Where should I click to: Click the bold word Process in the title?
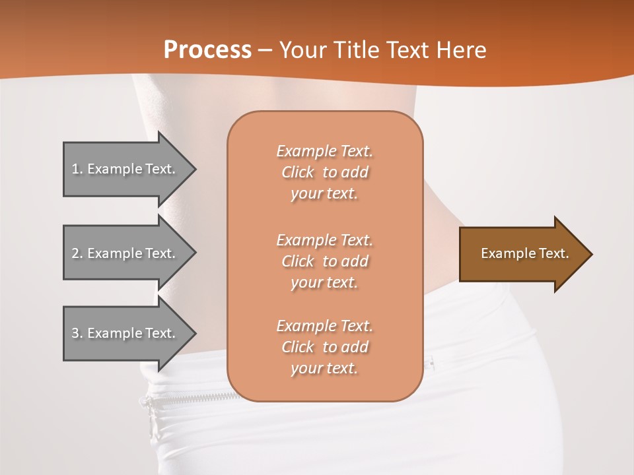pos(207,49)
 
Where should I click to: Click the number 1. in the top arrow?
pos(77,169)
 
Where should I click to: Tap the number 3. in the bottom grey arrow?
pos(77,333)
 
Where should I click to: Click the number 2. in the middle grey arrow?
pos(77,253)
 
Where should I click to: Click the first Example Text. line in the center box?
pos(324,151)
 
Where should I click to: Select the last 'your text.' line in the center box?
pos(324,368)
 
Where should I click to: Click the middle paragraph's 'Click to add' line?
pos(324,261)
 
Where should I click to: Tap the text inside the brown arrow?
pos(524,253)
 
